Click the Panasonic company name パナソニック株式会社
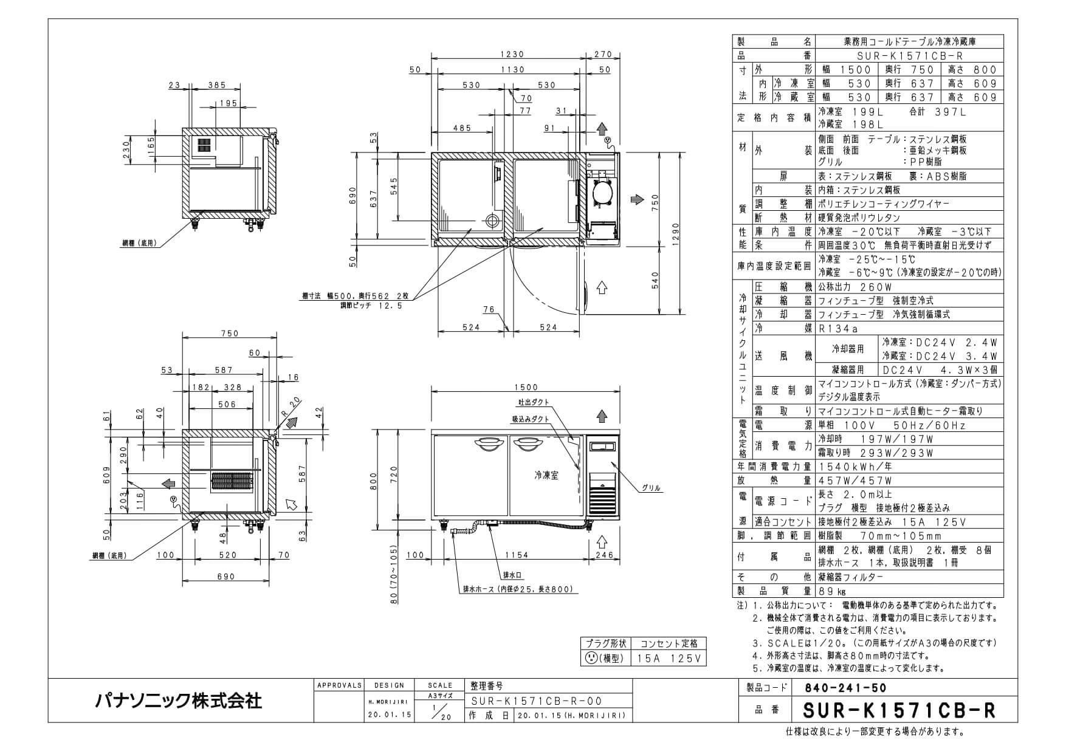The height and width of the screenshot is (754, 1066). [x=179, y=701]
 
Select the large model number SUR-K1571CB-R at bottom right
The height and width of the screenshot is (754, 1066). [x=899, y=710]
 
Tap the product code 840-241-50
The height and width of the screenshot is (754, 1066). [x=845, y=688]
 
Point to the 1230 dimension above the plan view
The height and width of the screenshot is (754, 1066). [x=512, y=55]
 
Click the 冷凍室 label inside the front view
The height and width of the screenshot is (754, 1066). [x=547, y=476]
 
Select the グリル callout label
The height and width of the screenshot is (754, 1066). [x=651, y=488]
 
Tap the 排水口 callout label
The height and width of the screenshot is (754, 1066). [x=512, y=574]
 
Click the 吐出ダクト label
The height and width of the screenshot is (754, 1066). [x=534, y=402]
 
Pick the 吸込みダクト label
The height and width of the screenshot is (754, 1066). [x=531, y=419]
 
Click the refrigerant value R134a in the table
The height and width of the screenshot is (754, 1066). [x=839, y=329]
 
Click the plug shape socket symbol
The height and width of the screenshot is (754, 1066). [x=590, y=658]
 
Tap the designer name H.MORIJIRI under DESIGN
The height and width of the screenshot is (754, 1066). [x=389, y=701]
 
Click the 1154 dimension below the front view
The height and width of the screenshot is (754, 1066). [x=516, y=555]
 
